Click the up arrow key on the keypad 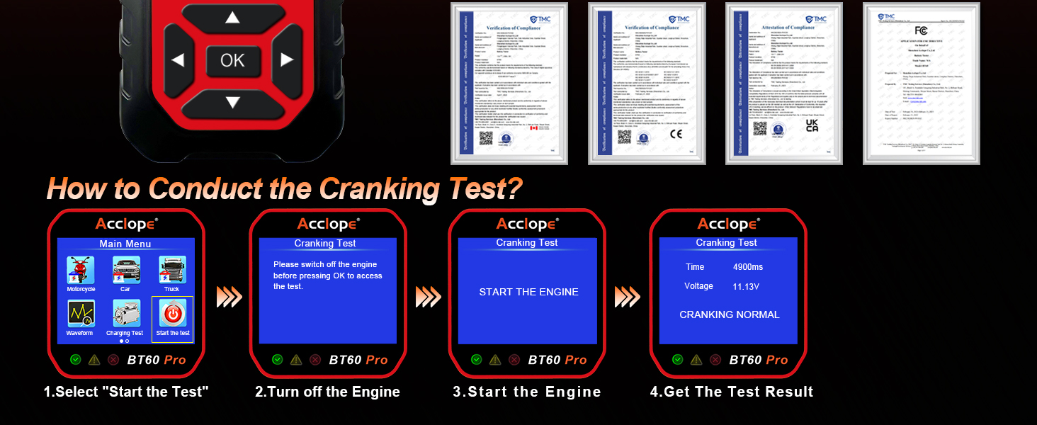tap(232, 18)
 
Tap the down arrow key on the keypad tap(232, 103)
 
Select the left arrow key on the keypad tap(178, 60)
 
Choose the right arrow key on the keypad tap(287, 60)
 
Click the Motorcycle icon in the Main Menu tap(81, 272)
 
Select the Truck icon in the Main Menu tap(172, 272)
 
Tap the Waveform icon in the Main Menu tap(80, 315)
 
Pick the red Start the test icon tap(173, 314)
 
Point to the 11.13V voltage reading tap(746, 287)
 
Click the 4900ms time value tap(748, 267)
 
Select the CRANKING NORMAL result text tap(729, 314)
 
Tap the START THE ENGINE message tap(528, 292)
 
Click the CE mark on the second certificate tap(676, 133)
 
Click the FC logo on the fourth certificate tap(921, 30)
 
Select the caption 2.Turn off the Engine tap(327, 392)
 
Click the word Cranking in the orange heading tap(372, 188)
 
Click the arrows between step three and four tap(627, 297)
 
